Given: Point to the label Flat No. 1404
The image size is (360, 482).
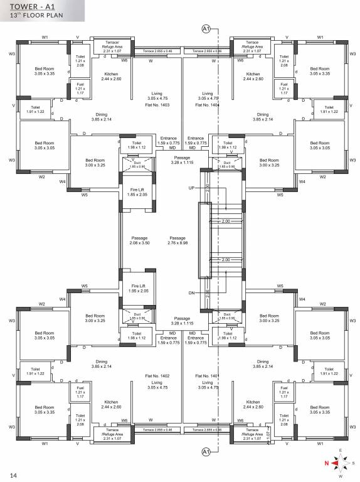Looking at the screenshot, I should click(206, 105).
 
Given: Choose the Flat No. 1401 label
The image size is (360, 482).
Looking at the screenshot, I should click(206, 375).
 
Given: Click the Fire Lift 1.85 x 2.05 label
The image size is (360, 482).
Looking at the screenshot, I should click(138, 192).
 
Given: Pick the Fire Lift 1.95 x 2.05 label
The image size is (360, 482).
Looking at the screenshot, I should click(138, 289).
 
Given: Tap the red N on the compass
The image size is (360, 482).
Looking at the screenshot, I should click(326, 464).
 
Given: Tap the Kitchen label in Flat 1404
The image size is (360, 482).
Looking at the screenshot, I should click(253, 77).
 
